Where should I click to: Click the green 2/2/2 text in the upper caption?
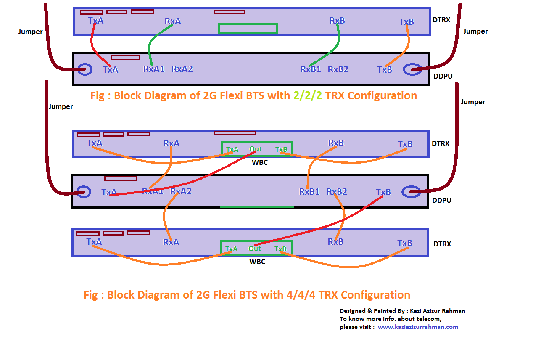click(308, 96)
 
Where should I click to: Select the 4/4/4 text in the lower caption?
click(301, 295)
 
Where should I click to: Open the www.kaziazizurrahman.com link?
click(418, 327)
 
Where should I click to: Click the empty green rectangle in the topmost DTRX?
click(248, 29)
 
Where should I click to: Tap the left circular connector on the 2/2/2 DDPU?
click(85, 69)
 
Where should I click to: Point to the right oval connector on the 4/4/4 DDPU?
click(411, 192)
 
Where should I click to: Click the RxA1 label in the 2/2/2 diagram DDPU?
click(154, 69)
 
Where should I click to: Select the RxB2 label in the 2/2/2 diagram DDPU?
click(338, 69)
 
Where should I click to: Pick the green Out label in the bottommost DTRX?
click(255, 249)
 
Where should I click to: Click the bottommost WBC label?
click(257, 262)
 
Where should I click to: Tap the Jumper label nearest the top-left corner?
click(30, 32)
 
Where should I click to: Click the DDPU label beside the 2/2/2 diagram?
click(443, 76)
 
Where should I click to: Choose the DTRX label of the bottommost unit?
click(442, 244)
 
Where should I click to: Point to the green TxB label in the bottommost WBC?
click(280, 249)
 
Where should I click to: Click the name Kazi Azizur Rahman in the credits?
click(437, 311)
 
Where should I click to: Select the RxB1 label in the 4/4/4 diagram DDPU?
click(309, 192)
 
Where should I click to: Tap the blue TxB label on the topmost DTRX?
click(406, 22)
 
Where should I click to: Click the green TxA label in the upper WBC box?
click(232, 150)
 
